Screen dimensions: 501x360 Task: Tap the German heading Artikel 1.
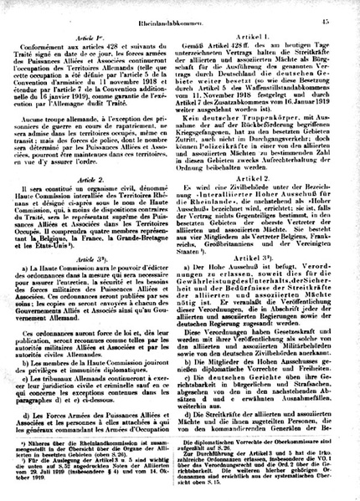(x=263, y=39)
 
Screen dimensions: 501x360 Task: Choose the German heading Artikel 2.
(x=262, y=201)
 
